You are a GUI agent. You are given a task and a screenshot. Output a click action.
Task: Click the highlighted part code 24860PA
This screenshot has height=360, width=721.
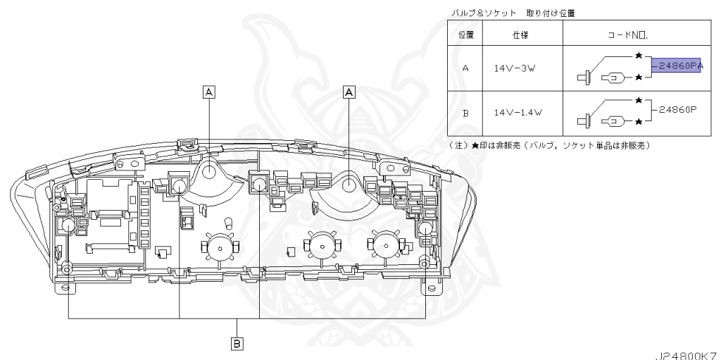click(x=677, y=67)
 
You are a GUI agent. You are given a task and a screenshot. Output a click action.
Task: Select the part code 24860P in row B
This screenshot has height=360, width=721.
click(x=676, y=111)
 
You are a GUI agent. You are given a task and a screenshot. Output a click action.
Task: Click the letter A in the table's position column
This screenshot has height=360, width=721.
click(x=465, y=69)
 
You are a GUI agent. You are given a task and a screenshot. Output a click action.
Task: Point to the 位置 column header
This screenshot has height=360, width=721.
click(x=465, y=34)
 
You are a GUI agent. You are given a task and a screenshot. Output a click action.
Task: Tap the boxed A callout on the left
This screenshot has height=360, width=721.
click(x=209, y=90)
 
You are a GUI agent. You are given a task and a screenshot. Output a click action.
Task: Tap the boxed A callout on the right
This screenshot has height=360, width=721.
click(x=349, y=90)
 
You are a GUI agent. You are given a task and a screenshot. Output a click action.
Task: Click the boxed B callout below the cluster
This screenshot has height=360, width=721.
click(x=237, y=343)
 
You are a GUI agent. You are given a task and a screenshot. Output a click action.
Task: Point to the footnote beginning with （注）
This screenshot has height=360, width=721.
click(x=549, y=145)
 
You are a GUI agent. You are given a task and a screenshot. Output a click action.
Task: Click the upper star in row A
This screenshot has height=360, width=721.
click(x=638, y=55)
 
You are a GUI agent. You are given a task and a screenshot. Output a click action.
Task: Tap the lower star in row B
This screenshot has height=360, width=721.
click(x=638, y=122)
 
